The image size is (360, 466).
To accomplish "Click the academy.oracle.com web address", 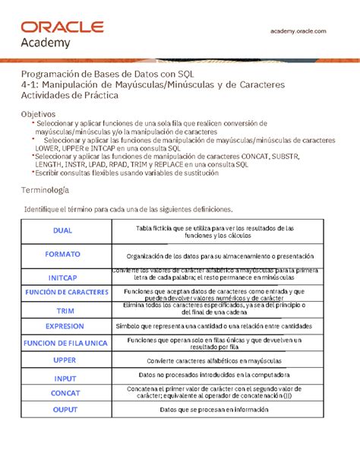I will tap(298, 30).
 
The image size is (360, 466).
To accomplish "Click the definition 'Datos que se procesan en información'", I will tap(214, 410).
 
